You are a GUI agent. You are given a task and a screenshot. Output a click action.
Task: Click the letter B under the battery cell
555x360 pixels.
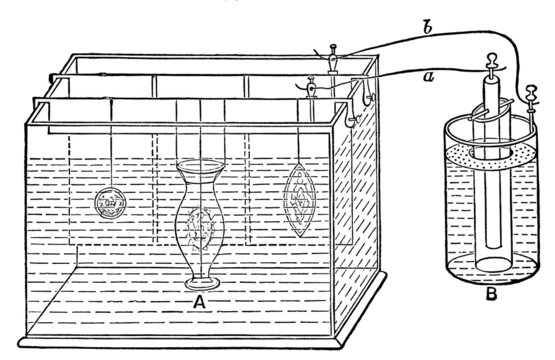491,295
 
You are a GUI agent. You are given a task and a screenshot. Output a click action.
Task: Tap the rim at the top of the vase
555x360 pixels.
200,167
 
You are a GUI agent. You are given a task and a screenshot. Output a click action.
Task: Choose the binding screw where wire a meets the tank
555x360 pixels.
311,85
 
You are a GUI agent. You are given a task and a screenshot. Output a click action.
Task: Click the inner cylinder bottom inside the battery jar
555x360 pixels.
490,263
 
